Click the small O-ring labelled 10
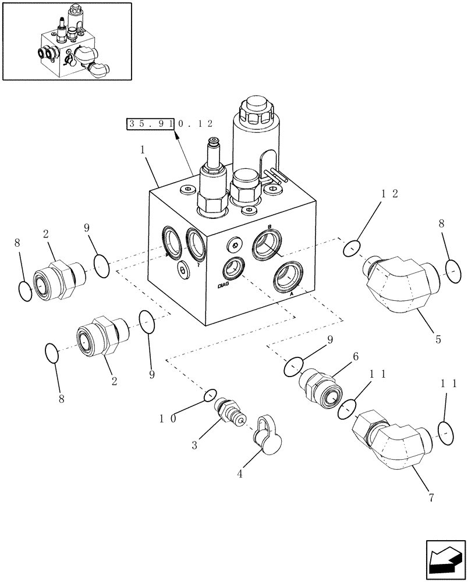coord(210,395)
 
